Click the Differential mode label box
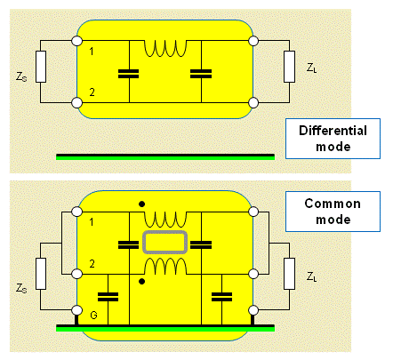[x=333, y=139]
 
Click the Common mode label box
[x=333, y=212]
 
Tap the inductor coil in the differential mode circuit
[x=165, y=48]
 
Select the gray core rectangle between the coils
[x=165, y=243]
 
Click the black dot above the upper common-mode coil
[x=142, y=204]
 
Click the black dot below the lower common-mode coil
[x=142, y=282]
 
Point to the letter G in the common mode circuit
[x=93, y=315]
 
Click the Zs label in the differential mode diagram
[x=21, y=76]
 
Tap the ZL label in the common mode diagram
[x=311, y=276]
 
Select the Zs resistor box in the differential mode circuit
[x=41, y=67]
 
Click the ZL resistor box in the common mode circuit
[x=289, y=274]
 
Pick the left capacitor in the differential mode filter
[x=128, y=74]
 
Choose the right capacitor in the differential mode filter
[x=201, y=74]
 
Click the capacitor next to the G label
[x=108, y=297]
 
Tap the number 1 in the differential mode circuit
[x=92, y=52]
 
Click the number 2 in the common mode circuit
[x=92, y=264]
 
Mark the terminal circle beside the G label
[x=77, y=310]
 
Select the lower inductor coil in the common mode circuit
[x=165, y=266]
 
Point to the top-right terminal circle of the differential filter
[x=253, y=41]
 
